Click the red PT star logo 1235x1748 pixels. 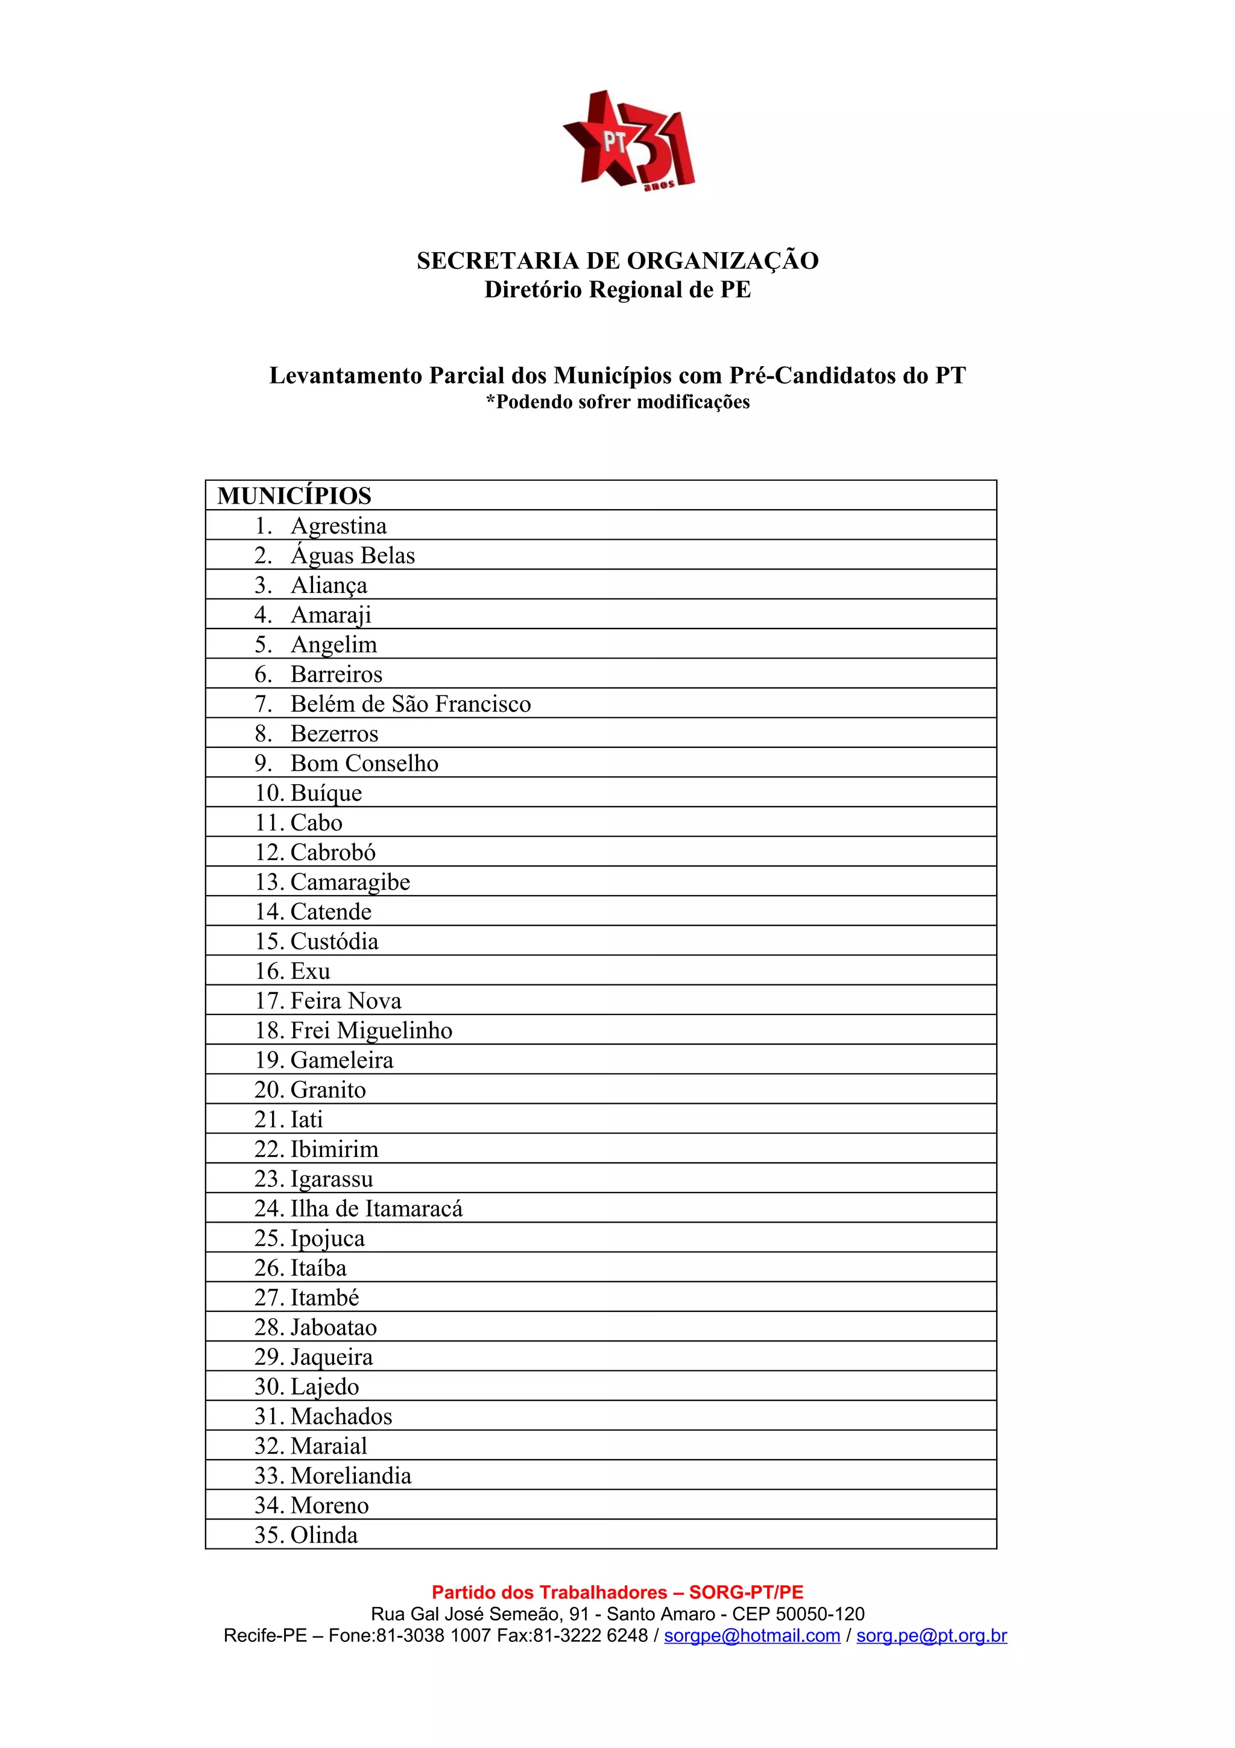pyautogui.click(x=628, y=141)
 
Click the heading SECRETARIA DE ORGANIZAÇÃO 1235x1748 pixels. pyautogui.click(x=617, y=261)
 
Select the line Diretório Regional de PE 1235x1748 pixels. pyautogui.click(x=617, y=290)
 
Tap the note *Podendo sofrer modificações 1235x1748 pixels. pyautogui.click(x=617, y=402)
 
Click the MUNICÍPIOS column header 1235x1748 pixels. pyautogui.click(x=294, y=496)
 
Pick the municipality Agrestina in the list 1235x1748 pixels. pyautogui.click(x=339, y=525)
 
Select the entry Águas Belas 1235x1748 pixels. pyautogui.click(x=352, y=555)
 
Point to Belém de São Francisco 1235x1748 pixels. pyautogui.click(x=410, y=703)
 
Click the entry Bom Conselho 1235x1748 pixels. pyautogui.click(x=364, y=763)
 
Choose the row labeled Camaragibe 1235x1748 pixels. pyautogui.click(x=350, y=882)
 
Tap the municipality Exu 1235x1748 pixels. pyautogui.click(x=311, y=971)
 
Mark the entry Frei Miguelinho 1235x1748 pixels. pyautogui.click(x=371, y=1030)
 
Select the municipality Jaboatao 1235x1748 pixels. pyautogui.click(x=333, y=1327)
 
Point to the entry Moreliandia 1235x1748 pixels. pyautogui.click(x=351, y=1475)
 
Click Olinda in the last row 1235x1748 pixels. pyautogui.click(x=323, y=1535)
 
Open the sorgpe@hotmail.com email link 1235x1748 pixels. pyautogui.click(x=752, y=1635)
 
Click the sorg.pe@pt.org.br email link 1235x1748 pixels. pyautogui.click(x=932, y=1635)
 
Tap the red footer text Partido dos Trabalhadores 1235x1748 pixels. pyautogui.click(x=550, y=1592)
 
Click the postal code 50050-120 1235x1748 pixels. pyautogui.click(x=819, y=1614)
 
